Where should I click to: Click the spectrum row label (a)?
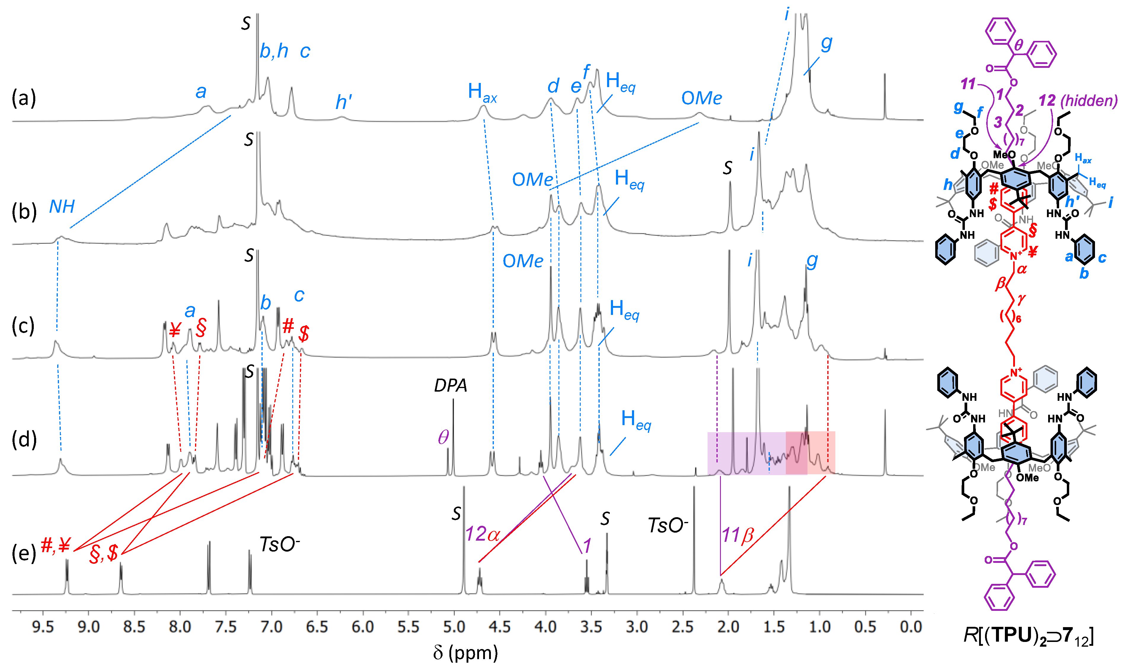coord(23,98)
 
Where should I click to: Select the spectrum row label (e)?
coord(23,553)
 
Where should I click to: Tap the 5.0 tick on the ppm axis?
coord(454,626)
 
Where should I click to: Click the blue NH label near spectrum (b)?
coord(62,206)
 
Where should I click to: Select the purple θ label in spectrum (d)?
coord(443,437)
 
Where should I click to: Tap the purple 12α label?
coord(482,534)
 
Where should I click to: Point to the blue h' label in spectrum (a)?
coord(343,102)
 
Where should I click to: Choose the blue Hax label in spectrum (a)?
coord(482,92)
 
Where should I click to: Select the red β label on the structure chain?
coord(1000,283)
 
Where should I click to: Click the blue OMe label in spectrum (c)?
coord(523,261)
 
